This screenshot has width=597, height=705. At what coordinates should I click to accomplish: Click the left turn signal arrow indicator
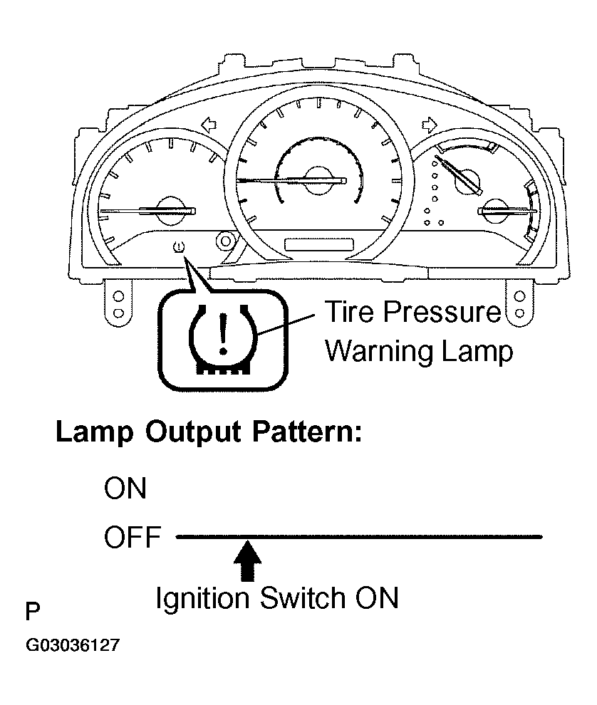[209, 125]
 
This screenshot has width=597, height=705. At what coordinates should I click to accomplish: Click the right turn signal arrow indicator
[430, 125]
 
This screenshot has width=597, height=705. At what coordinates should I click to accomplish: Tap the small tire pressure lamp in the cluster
[179, 246]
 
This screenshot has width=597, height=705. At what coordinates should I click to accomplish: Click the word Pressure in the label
[442, 311]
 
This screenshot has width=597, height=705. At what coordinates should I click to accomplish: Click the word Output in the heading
[193, 432]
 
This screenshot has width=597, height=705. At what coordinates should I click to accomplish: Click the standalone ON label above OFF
[125, 488]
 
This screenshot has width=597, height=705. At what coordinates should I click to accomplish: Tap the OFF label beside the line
[133, 536]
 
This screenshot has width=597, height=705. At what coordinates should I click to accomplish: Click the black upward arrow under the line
[248, 560]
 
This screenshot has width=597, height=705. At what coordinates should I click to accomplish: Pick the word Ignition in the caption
[202, 600]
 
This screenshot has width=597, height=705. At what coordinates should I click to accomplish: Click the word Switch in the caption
[303, 597]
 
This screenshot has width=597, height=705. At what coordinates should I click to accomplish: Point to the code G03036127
[73, 645]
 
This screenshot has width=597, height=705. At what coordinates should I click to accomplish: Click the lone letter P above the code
[32, 612]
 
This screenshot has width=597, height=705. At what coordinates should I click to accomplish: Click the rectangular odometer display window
[319, 245]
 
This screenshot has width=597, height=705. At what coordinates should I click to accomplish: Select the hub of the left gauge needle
[172, 210]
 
